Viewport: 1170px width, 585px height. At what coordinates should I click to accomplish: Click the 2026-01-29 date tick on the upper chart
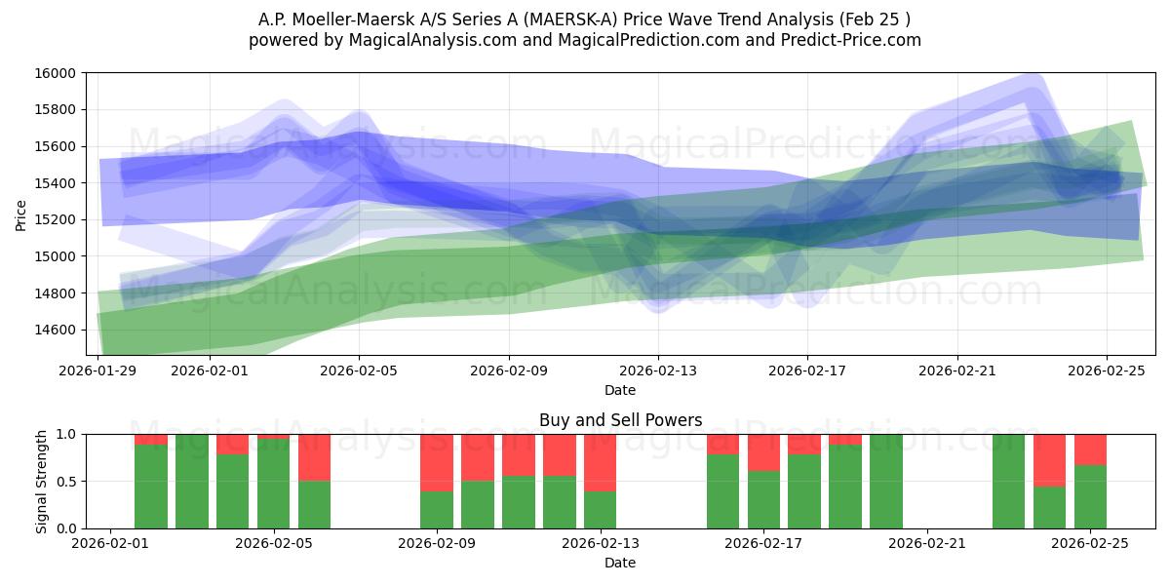tap(98, 370)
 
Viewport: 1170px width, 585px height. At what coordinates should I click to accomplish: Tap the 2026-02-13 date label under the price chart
tap(658, 370)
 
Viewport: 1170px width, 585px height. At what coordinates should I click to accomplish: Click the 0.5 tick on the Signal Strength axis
tap(67, 482)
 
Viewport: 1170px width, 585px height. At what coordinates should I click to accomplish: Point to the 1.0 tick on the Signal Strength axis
tap(67, 434)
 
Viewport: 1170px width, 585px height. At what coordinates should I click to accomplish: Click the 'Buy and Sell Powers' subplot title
tap(620, 421)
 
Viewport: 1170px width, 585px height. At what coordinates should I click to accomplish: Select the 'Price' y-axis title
tap(21, 215)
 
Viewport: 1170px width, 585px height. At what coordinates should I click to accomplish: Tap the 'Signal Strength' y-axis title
tap(41, 481)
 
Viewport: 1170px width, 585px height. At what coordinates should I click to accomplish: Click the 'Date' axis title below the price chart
tap(620, 390)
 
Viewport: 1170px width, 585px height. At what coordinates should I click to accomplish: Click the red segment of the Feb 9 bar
tap(437, 462)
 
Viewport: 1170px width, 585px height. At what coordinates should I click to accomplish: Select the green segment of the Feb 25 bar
tap(1090, 497)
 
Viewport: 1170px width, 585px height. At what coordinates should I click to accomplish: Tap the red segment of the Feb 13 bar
tap(601, 462)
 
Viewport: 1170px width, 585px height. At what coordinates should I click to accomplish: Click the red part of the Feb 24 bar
tap(1049, 459)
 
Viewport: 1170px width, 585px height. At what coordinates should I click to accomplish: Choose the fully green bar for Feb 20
tap(886, 482)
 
